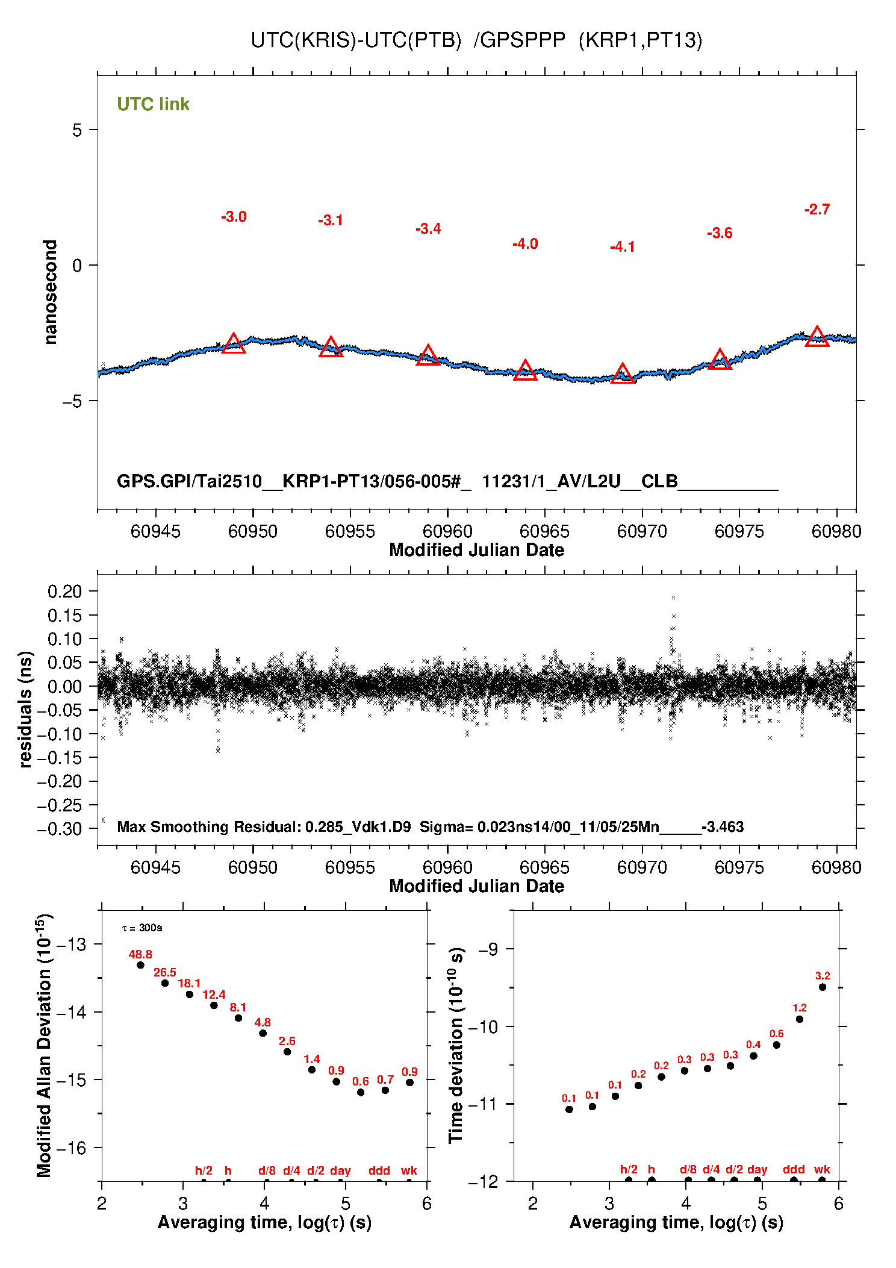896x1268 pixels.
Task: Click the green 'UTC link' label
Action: [153, 104]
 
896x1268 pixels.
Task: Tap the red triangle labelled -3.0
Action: [234, 344]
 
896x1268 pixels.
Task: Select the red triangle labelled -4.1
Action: [623, 374]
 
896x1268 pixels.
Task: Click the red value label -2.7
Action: [817, 210]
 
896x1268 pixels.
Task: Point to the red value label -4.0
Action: [525, 244]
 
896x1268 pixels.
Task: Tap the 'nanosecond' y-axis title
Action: [50, 292]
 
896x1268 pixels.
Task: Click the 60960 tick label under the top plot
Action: [447, 531]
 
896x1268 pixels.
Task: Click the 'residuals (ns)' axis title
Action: [25, 709]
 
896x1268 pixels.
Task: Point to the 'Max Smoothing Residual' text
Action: [208, 826]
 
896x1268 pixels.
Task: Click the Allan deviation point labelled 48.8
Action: [140, 965]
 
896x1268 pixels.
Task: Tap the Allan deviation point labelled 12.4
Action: [214, 1005]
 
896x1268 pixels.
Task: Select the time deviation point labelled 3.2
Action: [823, 987]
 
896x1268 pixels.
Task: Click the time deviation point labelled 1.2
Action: [800, 1019]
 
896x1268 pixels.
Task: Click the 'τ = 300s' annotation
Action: [142, 928]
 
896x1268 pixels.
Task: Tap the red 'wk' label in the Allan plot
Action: [409, 1170]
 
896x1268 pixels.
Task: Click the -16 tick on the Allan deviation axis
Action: [71, 1148]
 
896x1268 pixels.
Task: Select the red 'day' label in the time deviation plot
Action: [757, 1169]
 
